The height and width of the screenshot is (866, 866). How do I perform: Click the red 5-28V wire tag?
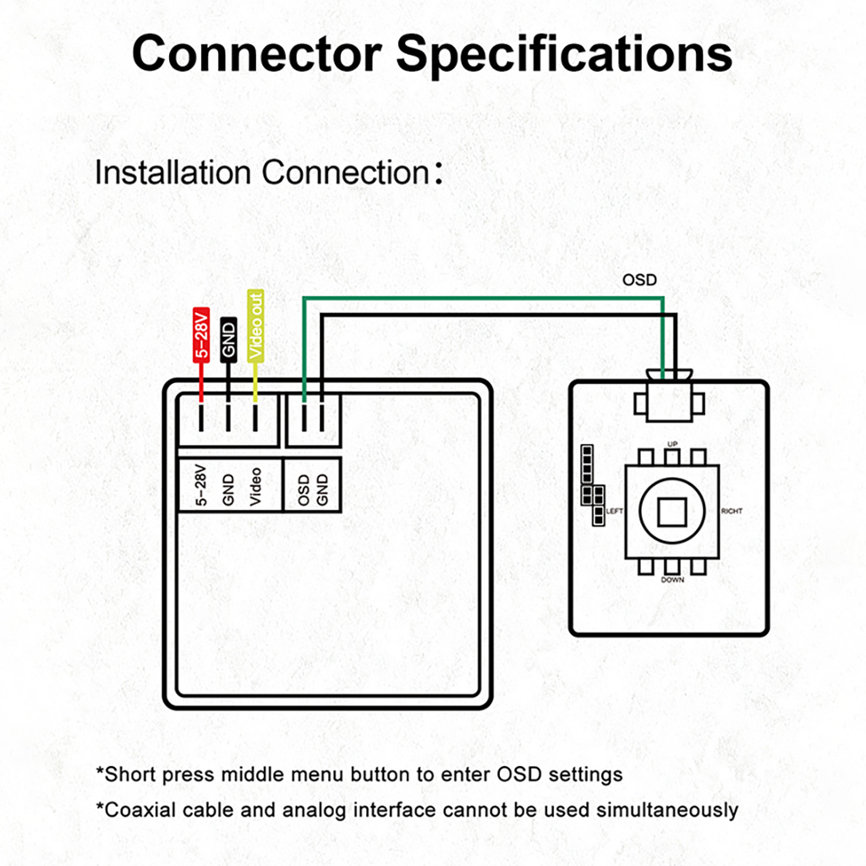[x=201, y=334]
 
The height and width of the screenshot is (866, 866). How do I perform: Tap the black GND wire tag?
[x=228, y=340]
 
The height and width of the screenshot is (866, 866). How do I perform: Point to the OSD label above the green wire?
[x=639, y=280]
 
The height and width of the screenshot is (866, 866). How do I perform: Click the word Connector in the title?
[x=256, y=53]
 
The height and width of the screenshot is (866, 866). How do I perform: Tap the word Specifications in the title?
[x=565, y=53]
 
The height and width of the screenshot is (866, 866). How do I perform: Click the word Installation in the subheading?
[x=173, y=173]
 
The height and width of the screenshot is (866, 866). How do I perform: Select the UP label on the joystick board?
[x=673, y=444]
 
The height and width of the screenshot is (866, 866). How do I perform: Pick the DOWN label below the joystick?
[x=673, y=580]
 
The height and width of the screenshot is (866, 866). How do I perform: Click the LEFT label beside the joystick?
[x=615, y=512]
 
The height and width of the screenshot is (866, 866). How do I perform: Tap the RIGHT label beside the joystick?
[x=732, y=512]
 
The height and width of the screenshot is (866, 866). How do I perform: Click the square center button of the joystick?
[x=672, y=512]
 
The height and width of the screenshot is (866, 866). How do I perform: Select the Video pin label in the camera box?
[x=255, y=486]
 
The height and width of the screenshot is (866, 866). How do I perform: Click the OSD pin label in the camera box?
[x=304, y=490]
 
